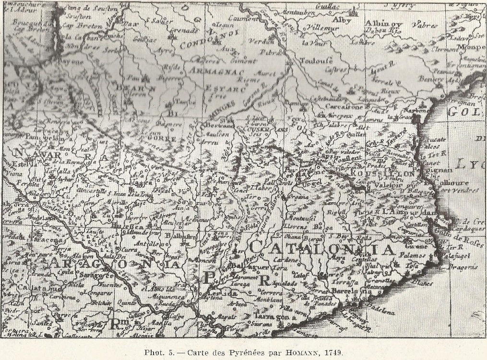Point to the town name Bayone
[x=71, y=62]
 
